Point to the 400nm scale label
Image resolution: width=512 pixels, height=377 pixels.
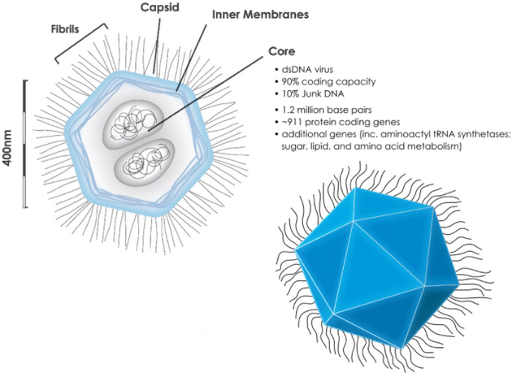point(10,146)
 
